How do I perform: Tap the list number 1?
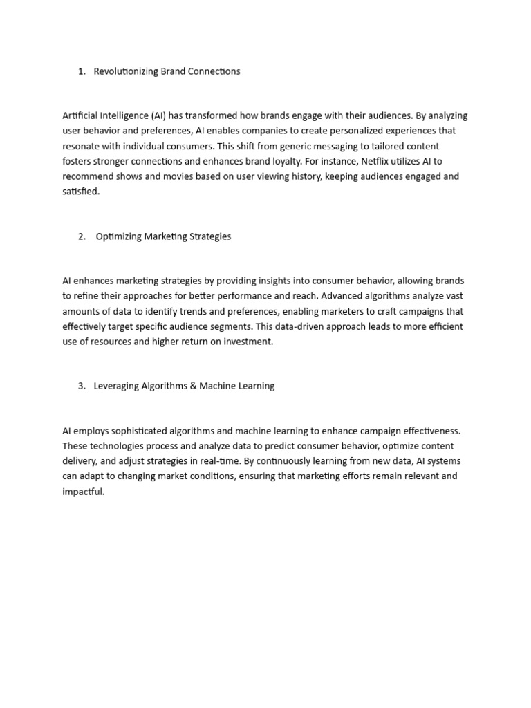pos(81,71)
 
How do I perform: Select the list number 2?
pos(82,236)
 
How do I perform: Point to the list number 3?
pos(81,386)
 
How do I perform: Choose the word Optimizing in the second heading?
pos(118,236)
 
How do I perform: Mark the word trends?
pos(204,311)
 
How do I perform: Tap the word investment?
pos(249,342)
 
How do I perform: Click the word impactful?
pos(83,492)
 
